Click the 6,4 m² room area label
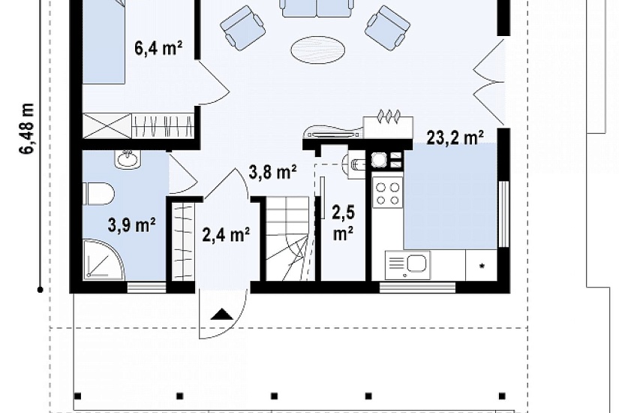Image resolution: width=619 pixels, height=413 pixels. point(158,48)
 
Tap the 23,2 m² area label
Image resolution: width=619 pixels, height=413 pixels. point(455,138)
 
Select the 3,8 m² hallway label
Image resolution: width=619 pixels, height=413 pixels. point(273,171)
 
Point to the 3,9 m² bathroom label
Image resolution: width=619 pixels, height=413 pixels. point(131,225)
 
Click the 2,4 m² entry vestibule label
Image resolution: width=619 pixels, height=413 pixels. point(225,234)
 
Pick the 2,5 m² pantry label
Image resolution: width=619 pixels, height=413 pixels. point(343,223)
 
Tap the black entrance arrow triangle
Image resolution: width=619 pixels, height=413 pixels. point(221,314)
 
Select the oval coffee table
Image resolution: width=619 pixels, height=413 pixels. point(318,50)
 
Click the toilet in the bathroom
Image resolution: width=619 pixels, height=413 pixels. point(99,194)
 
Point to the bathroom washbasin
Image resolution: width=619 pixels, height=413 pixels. point(128,160)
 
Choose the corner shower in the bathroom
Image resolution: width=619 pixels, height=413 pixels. point(104,259)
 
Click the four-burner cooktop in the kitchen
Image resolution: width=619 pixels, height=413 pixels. point(387,193)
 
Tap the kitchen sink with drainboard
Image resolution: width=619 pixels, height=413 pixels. point(407,264)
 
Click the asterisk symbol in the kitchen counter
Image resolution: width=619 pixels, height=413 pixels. point(482,267)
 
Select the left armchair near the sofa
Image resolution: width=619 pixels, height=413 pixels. point(242,27)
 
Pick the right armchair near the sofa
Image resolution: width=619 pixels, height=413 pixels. point(387,27)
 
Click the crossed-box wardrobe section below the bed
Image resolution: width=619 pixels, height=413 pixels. point(107,125)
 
